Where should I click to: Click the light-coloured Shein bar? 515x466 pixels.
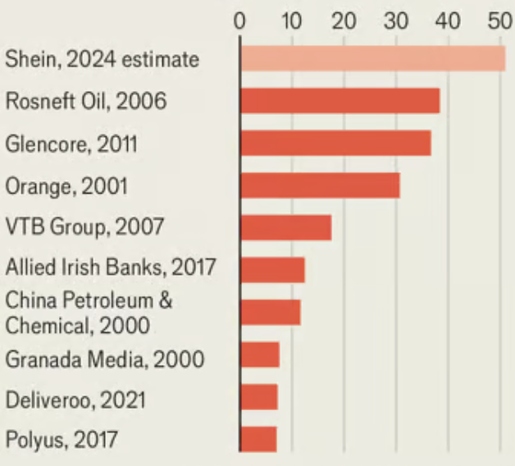[x=372, y=59]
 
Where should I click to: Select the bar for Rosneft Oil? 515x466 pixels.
[x=340, y=101]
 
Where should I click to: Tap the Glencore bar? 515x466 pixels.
[x=335, y=144]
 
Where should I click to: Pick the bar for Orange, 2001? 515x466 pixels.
[x=320, y=185]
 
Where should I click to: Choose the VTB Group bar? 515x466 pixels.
[x=285, y=227]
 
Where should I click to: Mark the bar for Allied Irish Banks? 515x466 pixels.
[x=272, y=270]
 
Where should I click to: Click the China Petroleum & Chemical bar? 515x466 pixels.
[x=270, y=313]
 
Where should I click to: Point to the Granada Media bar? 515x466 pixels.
[x=260, y=354]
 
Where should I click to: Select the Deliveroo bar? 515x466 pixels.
[x=259, y=397]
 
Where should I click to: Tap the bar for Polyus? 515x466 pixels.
[x=258, y=439]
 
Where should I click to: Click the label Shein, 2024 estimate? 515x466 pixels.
[x=102, y=59]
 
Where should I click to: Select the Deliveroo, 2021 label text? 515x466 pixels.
[x=75, y=400]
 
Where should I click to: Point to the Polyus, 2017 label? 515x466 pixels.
[x=61, y=441]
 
